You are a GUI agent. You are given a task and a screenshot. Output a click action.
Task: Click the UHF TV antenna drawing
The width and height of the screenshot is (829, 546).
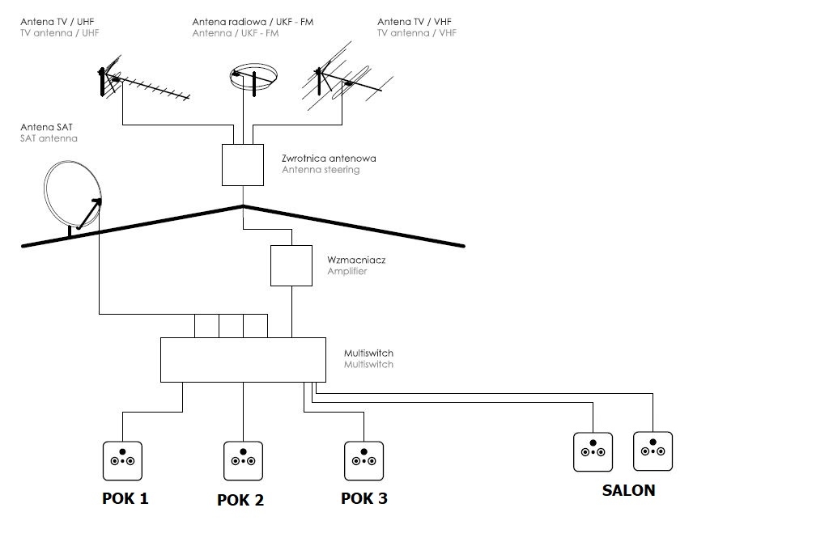[142, 83]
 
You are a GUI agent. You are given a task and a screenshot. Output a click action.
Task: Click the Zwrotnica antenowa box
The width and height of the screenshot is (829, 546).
[243, 164]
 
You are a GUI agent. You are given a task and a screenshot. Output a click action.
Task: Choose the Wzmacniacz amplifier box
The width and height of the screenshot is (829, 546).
[291, 265]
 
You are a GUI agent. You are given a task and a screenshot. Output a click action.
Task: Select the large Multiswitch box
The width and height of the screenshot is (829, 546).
[242, 359]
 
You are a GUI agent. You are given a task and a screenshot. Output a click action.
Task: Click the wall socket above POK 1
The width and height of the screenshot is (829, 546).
[122, 459]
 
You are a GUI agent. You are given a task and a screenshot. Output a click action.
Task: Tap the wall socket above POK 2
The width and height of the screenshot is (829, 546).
[244, 460]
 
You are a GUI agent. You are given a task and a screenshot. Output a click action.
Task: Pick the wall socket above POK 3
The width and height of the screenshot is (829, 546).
[364, 460]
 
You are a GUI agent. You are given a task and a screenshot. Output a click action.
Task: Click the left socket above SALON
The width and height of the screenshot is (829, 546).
[593, 452]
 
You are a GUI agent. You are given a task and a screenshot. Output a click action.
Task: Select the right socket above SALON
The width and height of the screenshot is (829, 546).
[653, 451]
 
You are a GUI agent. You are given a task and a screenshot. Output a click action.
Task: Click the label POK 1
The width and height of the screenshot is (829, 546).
[125, 498]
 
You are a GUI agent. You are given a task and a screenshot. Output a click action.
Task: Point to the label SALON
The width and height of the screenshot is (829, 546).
[628, 490]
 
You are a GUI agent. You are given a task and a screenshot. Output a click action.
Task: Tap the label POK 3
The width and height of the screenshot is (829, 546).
[364, 498]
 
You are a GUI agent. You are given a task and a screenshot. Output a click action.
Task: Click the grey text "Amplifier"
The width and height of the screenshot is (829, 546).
[347, 272]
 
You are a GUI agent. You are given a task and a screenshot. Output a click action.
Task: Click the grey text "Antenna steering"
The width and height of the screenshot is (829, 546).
[321, 170]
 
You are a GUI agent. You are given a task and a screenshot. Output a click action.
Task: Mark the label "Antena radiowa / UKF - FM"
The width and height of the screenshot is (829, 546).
[253, 22]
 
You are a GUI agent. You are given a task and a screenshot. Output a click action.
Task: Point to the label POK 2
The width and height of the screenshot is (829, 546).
[240, 500]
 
